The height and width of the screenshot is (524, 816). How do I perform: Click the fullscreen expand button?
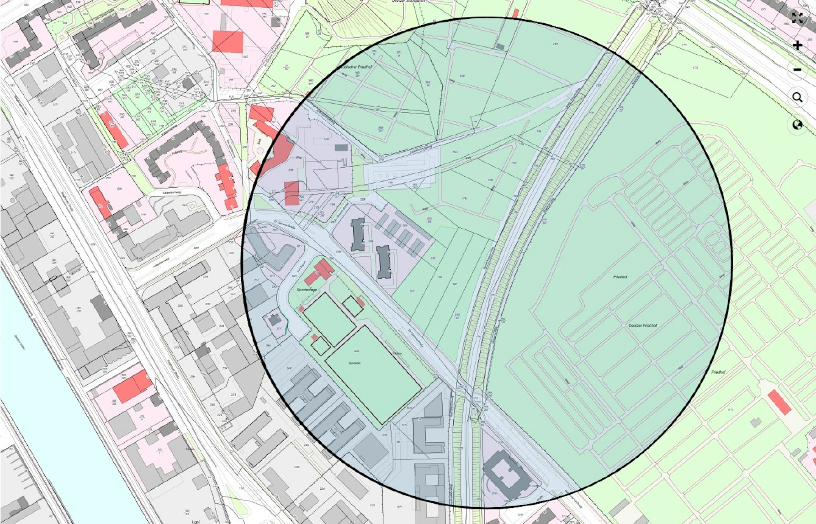pos(797,18)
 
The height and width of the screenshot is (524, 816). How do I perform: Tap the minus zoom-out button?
pos(797,70)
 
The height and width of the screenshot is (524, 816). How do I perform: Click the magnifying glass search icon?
pos(797,98)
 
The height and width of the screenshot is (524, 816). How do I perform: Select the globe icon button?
pos(797,125)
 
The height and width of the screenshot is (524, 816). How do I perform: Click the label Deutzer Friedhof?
pos(643,326)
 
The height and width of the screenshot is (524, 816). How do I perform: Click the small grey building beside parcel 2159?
pos(500,47)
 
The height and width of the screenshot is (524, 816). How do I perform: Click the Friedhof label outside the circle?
pos(718,372)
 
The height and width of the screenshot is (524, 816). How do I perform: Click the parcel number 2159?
pos(462,76)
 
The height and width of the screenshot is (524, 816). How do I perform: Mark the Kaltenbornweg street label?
pos(171,192)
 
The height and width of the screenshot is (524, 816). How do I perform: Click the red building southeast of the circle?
pos(779,402)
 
